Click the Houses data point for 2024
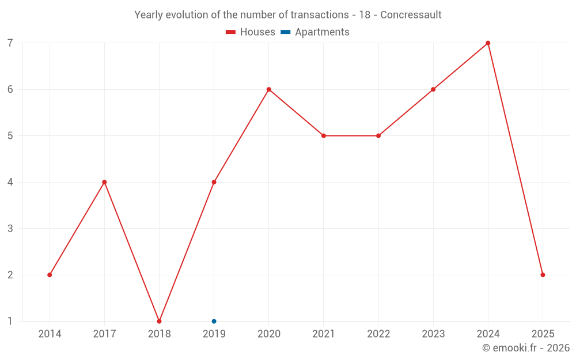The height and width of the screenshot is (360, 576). click(x=488, y=43)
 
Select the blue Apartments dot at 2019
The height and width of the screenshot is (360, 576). click(x=214, y=321)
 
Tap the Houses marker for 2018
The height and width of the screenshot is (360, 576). click(x=159, y=321)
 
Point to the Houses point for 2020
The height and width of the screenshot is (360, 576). click(x=268, y=89)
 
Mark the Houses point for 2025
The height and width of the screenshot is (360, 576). click(x=543, y=275)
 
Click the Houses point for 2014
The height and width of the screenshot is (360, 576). click(x=50, y=275)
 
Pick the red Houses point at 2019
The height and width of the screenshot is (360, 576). click(x=214, y=182)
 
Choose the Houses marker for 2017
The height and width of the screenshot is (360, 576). click(x=104, y=182)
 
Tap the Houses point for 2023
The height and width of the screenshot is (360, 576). click(x=433, y=89)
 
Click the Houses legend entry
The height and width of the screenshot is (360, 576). click(x=251, y=32)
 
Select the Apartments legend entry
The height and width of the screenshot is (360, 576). click(x=315, y=32)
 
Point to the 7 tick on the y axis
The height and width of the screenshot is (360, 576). click(x=10, y=43)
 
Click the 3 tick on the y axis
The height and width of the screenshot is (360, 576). click(x=10, y=229)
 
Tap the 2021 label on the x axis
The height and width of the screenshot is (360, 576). click(x=323, y=334)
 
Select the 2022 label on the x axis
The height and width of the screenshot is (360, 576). click(x=378, y=334)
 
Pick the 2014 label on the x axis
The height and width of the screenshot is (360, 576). click(x=50, y=334)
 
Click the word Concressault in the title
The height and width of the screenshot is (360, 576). click(x=411, y=15)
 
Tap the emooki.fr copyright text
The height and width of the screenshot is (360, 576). click(x=526, y=348)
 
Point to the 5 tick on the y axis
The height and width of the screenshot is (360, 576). click(x=10, y=136)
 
